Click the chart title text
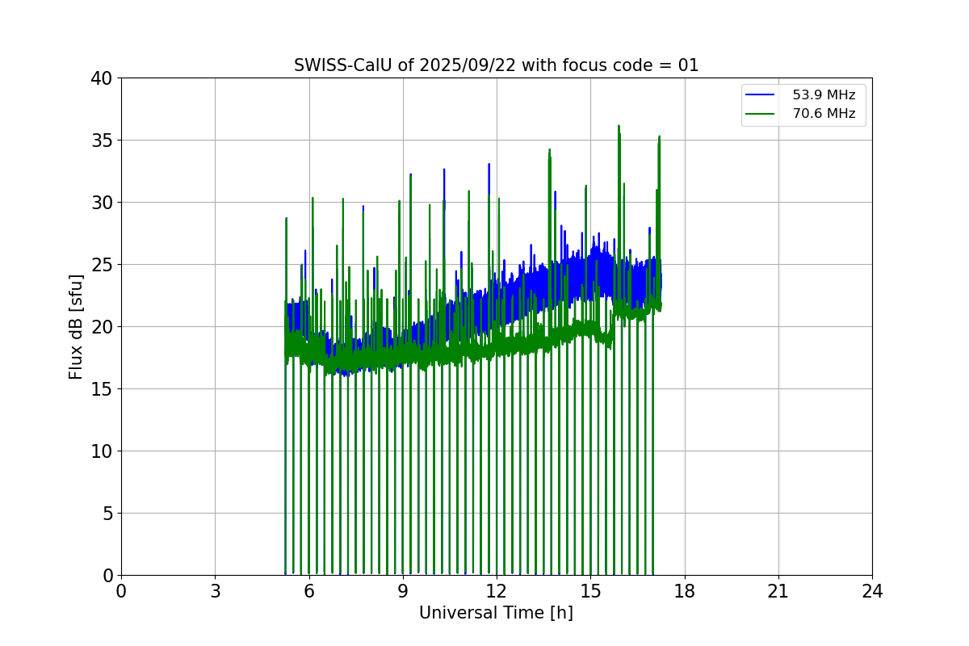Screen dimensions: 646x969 point(496,65)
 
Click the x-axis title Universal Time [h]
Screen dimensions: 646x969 point(496,613)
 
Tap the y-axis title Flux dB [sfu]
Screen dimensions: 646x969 point(76,326)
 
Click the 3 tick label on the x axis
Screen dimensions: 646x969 point(215,591)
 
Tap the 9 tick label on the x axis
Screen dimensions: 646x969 point(403,591)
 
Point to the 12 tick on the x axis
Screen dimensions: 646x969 point(497,591)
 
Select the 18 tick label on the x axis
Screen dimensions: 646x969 point(685,591)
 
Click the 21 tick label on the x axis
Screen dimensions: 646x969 point(778,591)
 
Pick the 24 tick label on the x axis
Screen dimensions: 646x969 point(872,591)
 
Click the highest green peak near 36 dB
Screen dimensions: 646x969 point(619,127)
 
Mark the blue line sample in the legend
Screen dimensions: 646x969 point(760,95)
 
